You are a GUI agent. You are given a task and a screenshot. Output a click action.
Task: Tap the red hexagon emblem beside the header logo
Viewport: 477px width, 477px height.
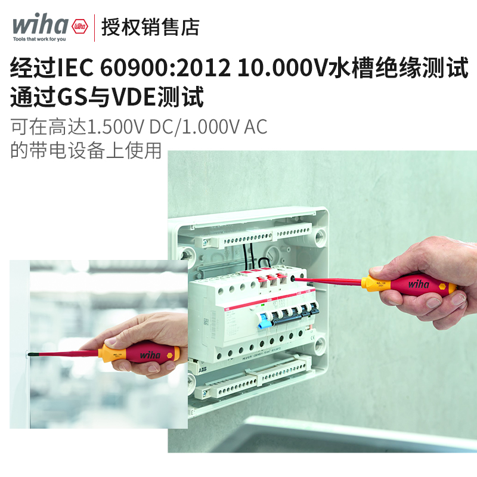(79, 27)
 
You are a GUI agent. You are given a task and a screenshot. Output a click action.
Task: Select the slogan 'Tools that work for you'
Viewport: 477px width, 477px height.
(40, 39)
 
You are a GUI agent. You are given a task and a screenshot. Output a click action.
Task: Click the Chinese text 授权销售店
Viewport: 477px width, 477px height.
(150, 27)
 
